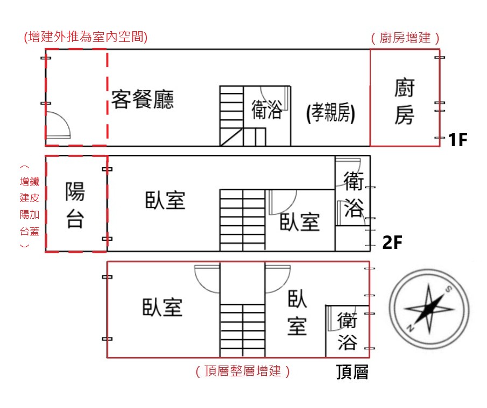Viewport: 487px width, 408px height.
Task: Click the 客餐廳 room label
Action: [x=143, y=99]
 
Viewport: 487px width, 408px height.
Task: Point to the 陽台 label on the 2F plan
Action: [x=75, y=205]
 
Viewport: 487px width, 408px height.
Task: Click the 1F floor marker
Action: [x=457, y=140]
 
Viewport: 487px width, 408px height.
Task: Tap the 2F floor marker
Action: [x=392, y=243]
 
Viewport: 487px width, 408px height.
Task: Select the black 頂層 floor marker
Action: [x=352, y=372]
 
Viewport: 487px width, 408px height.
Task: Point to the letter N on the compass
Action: [x=411, y=328]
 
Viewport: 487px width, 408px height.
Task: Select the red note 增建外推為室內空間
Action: [x=86, y=37]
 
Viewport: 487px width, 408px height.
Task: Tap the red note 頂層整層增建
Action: [x=243, y=371]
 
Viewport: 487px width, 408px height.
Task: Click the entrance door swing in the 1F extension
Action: [x=57, y=125]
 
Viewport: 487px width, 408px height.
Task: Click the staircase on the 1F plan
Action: [x=231, y=116]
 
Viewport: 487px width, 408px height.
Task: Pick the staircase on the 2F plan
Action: [x=242, y=220]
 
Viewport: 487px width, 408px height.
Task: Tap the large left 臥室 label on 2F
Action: [x=165, y=201]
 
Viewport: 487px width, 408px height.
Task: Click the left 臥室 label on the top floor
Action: [x=163, y=307]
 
